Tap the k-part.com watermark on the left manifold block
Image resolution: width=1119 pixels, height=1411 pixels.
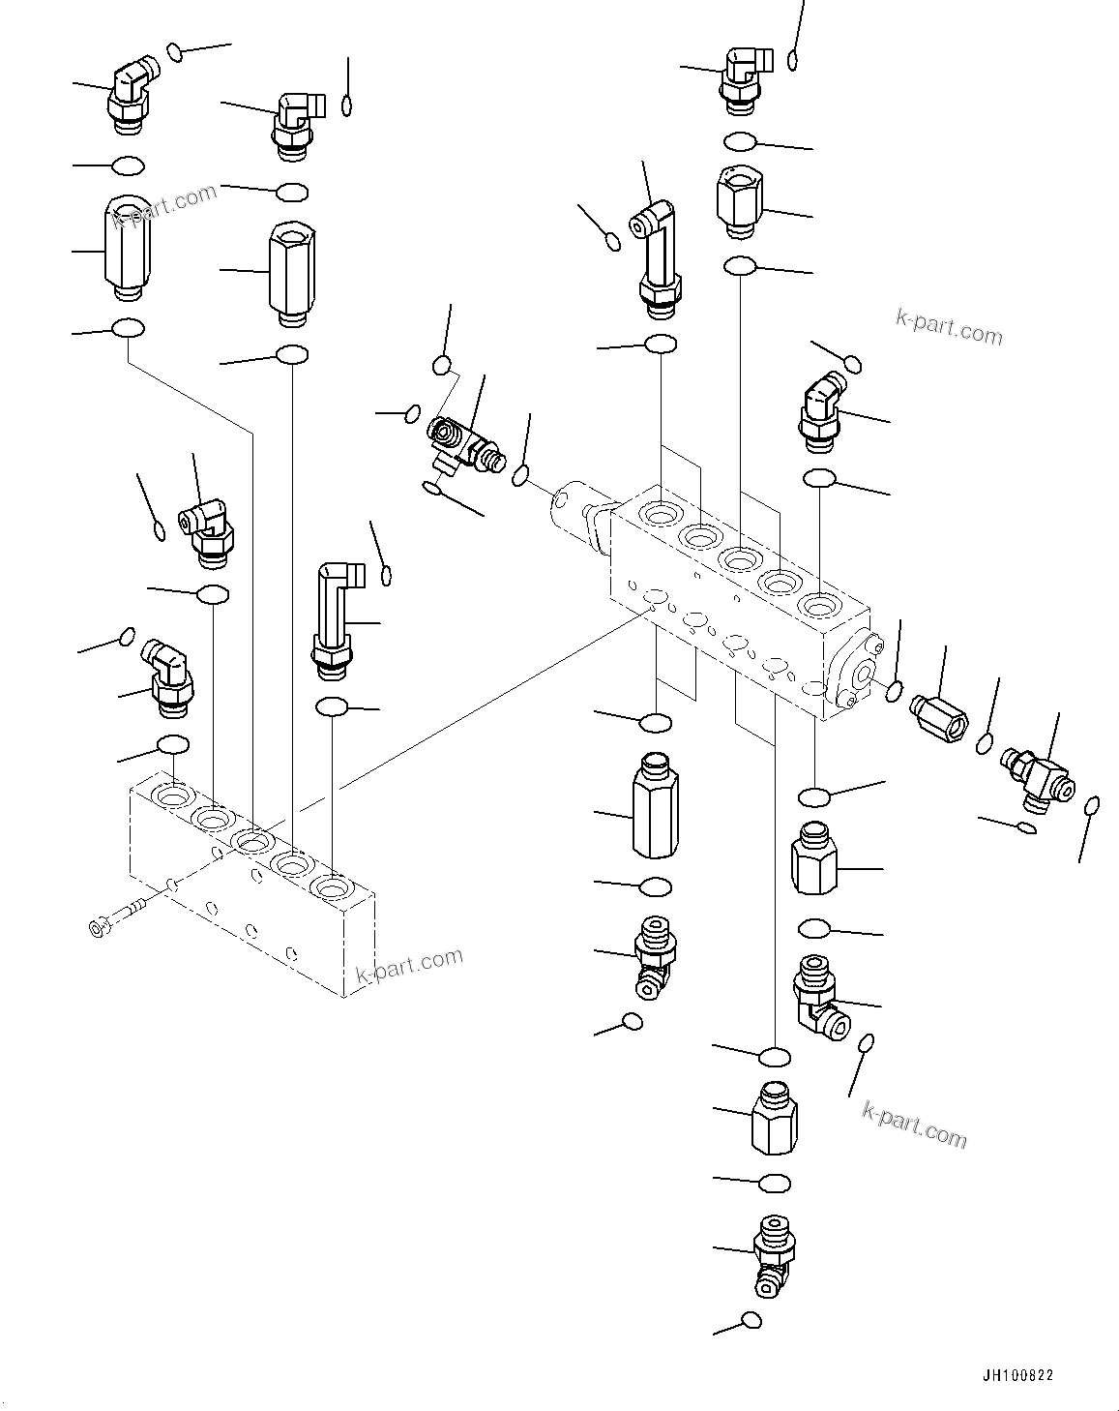click(x=410, y=966)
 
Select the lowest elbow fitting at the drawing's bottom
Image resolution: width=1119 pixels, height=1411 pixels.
click(x=776, y=1254)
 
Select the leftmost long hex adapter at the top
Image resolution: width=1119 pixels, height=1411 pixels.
click(x=124, y=248)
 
